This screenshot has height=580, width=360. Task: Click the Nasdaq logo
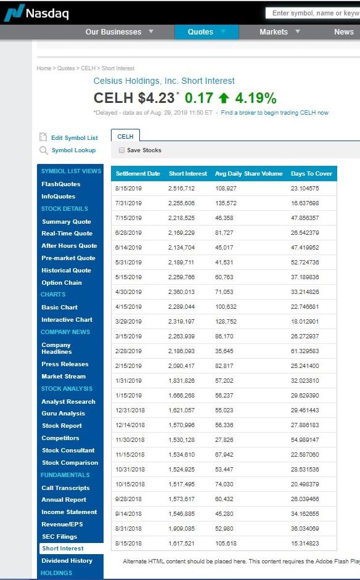tap(36, 12)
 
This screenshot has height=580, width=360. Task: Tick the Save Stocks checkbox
tap(121, 150)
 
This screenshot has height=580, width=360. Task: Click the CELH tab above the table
tap(125, 136)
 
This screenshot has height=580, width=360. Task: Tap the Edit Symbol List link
tap(74, 138)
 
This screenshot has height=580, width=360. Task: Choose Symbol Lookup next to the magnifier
tap(73, 150)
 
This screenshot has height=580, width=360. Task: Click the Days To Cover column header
tap(311, 174)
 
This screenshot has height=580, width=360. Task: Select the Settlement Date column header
tap(137, 174)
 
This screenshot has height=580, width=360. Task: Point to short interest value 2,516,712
tap(181, 189)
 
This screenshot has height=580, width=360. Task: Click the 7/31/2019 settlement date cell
tap(128, 203)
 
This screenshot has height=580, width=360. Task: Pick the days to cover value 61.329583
tap(305, 351)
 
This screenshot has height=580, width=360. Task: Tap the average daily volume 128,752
tap(226, 321)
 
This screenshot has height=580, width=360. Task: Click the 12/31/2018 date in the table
tap(129, 410)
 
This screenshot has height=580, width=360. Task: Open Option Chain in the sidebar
tap(62, 283)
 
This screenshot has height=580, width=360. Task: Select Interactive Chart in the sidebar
tap(67, 320)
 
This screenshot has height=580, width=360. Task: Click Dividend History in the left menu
tap(67, 561)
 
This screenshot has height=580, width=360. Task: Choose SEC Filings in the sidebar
tap(59, 537)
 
